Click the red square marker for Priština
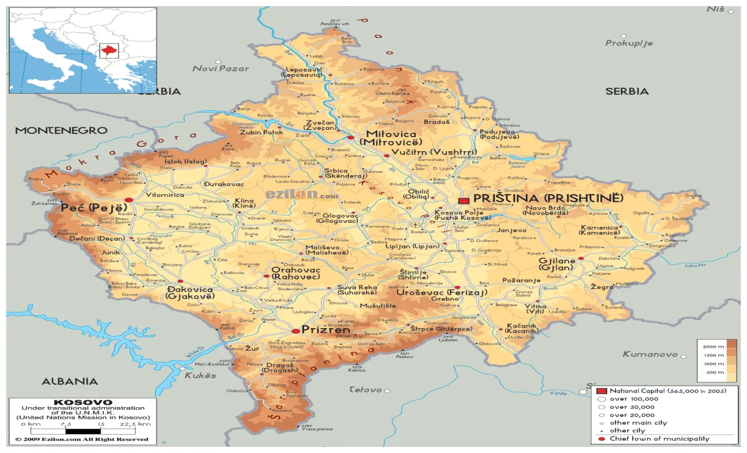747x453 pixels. coord(464,200)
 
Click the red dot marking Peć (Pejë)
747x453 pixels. coord(129,200)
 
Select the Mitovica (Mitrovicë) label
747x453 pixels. coord(391,138)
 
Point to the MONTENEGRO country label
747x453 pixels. coord(61,130)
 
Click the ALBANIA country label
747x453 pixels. coord(69,381)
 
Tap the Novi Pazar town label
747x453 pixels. coord(220,69)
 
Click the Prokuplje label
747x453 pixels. coord(629,43)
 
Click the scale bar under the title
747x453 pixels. coord(83,429)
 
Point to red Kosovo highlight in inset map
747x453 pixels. coord(108,49)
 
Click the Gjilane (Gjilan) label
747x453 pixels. coord(557,264)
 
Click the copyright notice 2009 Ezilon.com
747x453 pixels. coord(82,439)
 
